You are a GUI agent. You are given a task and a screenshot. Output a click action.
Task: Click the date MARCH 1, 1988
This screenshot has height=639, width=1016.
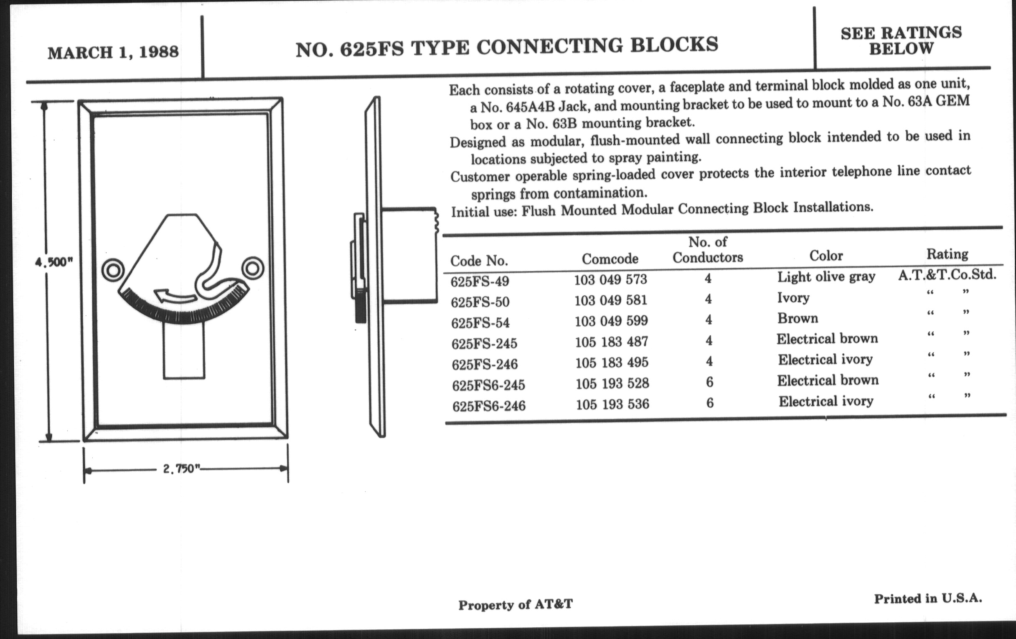coord(113,52)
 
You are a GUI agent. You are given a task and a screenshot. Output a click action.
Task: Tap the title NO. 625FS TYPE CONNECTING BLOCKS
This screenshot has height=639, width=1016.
coord(507,47)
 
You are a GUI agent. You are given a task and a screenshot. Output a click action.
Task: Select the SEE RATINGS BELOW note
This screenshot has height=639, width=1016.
coord(901,41)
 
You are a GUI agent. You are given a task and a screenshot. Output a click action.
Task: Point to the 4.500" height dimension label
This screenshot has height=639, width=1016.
coord(54,262)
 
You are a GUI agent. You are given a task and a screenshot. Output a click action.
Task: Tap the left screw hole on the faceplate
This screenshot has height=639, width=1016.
coord(113,270)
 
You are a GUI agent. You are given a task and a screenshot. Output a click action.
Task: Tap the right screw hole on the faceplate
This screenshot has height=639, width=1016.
coord(253,268)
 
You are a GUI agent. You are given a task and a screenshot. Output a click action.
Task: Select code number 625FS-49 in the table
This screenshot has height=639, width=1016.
coord(480,281)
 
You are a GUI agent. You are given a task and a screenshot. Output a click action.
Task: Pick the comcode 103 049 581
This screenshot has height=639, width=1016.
coord(610,300)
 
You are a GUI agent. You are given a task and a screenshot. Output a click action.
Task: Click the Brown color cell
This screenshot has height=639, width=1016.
coord(798,318)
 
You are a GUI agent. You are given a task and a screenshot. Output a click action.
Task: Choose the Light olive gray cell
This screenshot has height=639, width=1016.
coord(826,276)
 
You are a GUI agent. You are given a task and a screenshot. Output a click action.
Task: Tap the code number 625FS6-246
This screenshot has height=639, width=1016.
coord(489,406)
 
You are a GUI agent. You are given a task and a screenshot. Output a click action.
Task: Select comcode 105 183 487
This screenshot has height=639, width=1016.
coord(611,341)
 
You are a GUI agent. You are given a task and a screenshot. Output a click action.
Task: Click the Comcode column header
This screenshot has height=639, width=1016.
coord(610,259)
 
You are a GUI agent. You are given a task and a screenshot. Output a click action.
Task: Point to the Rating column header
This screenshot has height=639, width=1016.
coord(947,254)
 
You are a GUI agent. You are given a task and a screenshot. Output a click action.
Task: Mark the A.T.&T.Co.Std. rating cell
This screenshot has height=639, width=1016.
coord(947,274)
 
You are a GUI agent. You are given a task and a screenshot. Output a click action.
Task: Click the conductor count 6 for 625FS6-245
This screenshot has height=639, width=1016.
coord(710,382)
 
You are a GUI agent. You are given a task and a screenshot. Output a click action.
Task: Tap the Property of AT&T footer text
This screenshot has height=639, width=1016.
coord(516,604)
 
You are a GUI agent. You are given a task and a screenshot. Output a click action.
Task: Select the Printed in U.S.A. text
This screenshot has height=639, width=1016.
coord(928,598)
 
